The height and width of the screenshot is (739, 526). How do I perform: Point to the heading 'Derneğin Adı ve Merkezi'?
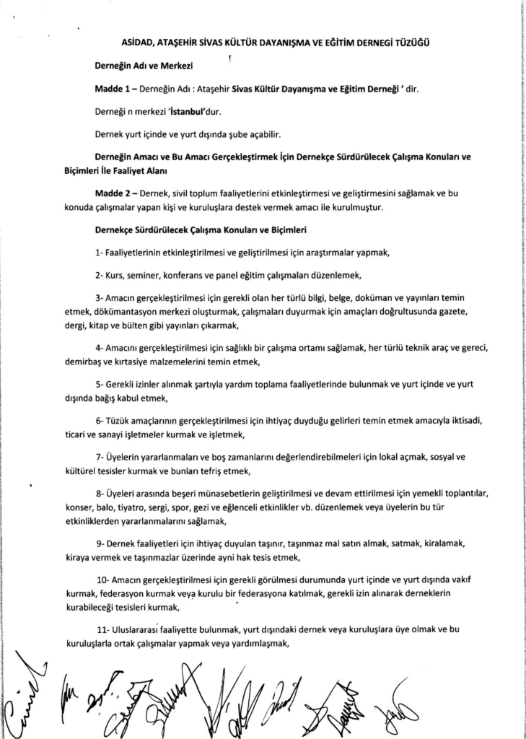[141, 66]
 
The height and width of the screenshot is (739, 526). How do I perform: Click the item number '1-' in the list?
[100, 253]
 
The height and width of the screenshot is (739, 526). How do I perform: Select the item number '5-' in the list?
[100, 385]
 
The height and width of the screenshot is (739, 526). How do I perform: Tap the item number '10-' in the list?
[102, 579]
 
